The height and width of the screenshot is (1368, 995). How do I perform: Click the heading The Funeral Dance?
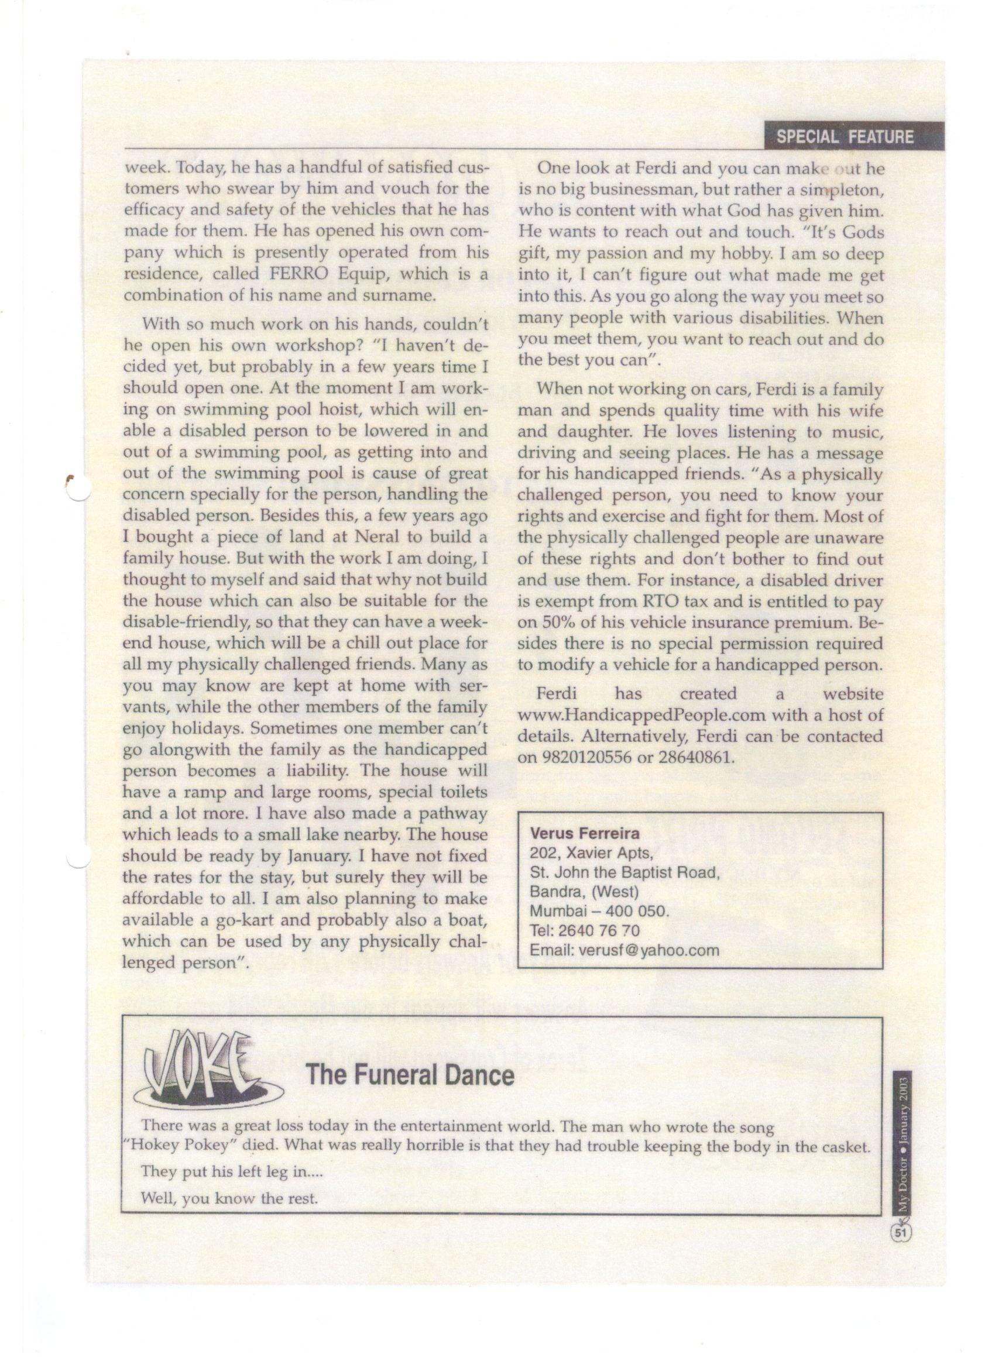click(x=410, y=1075)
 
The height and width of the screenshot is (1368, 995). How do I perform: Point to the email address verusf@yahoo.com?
click(x=648, y=950)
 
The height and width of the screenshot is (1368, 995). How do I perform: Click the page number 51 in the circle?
click(x=900, y=1233)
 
